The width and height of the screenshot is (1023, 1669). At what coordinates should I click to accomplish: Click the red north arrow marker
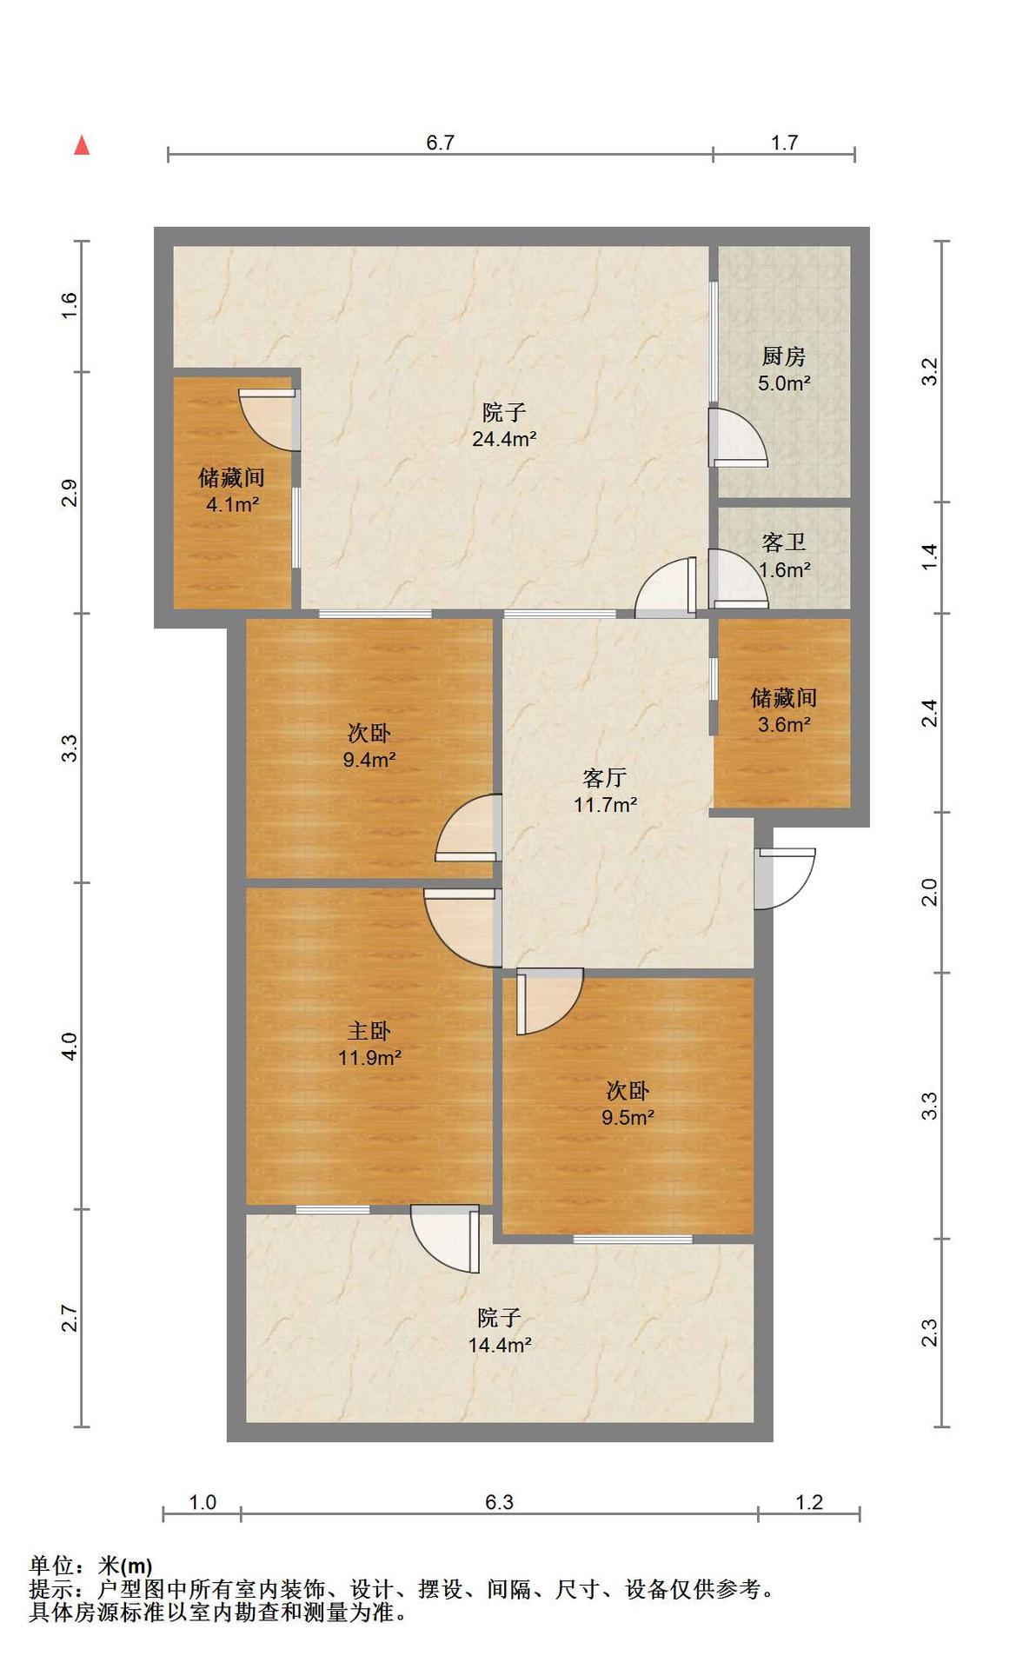[82, 145]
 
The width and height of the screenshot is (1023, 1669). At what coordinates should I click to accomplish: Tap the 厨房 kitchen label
[783, 356]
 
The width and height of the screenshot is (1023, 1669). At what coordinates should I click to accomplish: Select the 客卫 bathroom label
[783, 542]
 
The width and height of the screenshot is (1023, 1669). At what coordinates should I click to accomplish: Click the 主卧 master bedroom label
[369, 1031]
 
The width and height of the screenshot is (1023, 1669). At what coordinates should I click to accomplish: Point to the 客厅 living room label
[604, 777]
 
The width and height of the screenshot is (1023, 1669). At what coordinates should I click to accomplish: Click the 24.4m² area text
[504, 439]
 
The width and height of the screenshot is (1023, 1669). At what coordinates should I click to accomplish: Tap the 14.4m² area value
[500, 1345]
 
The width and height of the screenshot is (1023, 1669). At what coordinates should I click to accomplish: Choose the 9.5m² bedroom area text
[628, 1117]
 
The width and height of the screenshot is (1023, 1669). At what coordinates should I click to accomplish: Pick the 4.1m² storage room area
[232, 504]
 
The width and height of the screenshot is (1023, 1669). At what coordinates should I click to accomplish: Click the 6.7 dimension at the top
[440, 143]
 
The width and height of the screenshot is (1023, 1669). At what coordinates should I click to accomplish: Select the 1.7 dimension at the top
[784, 143]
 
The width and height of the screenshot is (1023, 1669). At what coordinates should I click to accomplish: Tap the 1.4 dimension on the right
[930, 556]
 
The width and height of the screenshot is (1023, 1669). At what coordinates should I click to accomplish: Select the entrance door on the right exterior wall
[784, 878]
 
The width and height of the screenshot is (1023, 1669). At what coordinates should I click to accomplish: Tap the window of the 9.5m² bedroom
[632, 1238]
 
